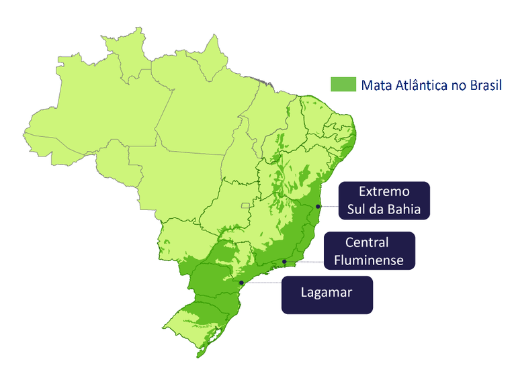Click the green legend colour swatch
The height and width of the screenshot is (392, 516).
tap(342, 85)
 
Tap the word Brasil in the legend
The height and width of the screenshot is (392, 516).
tap(488, 85)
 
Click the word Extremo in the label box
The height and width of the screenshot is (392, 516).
tap(384, 191)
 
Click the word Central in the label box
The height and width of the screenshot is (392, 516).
tap(368, 242)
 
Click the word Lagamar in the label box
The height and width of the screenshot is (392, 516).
tap(327, 293)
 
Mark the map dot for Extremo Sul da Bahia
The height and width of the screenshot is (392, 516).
tap(318, 206)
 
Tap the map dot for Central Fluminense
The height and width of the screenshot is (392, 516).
tap(284, 261)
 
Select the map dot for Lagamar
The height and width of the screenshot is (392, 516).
tap(241, 283)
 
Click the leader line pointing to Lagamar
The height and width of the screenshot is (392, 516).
tap(262, 283)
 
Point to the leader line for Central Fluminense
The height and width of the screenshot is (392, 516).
tap(306, 261)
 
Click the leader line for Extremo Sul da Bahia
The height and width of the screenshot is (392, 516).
tap(329, 206)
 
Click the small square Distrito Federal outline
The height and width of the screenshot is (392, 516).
tap(253, 203)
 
